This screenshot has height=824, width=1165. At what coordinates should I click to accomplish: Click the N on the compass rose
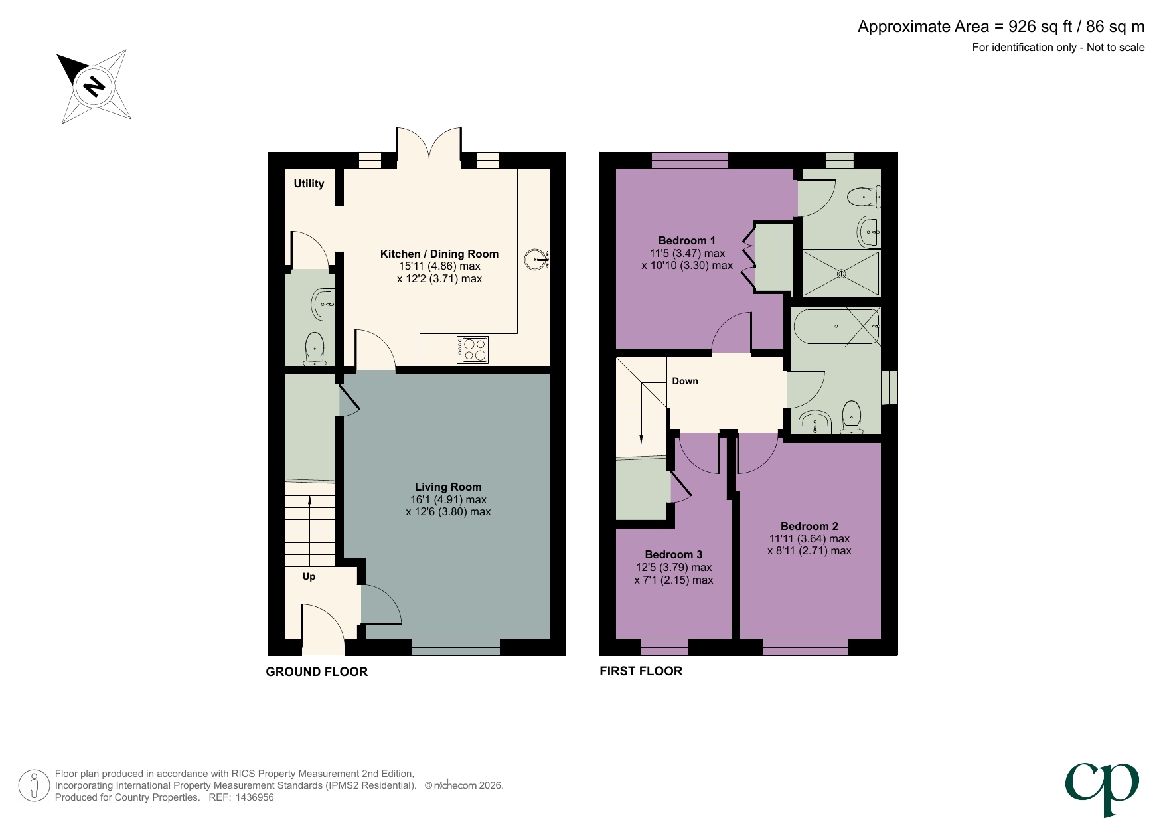[94, 86]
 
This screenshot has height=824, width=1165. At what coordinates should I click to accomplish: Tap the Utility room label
[309, 183]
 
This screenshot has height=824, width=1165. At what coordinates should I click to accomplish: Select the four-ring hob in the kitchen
[473, 349]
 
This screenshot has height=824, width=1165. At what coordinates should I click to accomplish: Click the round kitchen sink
[535, 260]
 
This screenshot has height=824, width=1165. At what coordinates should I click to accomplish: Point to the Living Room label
[448, 487]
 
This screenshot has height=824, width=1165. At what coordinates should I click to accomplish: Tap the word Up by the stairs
[309, 576]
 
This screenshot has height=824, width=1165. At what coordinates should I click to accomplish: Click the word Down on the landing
[685, 381]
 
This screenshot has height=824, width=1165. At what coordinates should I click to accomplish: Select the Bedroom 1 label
[686, 240]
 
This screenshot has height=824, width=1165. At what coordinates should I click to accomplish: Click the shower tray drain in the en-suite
[841, 273]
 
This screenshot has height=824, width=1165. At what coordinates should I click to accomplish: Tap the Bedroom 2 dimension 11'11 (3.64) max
[809, 538]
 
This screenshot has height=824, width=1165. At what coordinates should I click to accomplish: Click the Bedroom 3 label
[673, 554]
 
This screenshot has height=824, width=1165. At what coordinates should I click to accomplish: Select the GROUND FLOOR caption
[317, 671]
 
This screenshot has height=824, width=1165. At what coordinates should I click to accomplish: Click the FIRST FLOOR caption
[641, 671]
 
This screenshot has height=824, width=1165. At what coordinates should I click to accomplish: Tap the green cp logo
[1102, 787]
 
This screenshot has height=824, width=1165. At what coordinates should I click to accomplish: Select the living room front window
[455, 647]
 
